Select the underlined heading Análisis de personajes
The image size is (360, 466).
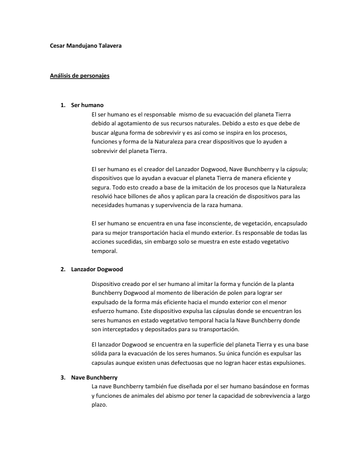[x=79, y=76]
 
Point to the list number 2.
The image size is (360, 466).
[x=62, y=269]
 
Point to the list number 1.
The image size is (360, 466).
[x=62, y=105]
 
